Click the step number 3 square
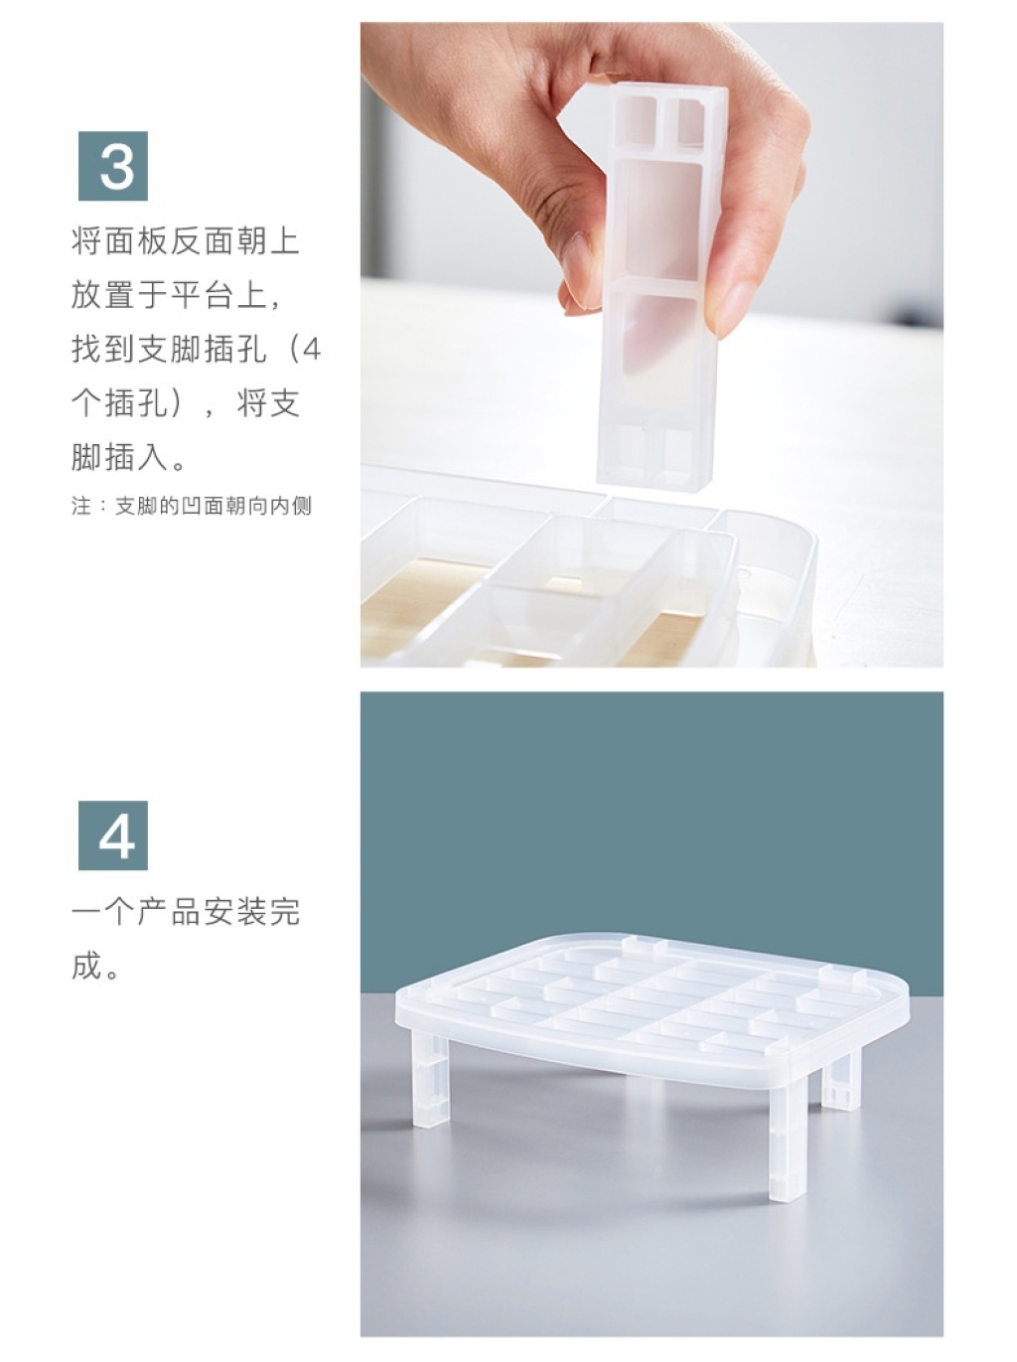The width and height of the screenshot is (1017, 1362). tap(113, 166)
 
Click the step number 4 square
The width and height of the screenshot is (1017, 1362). tap(113, 835)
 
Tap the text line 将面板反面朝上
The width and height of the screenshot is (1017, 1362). tap(186, 241)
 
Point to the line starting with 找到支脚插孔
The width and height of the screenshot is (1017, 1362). tap(196, 350)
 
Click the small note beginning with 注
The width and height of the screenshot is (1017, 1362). tap(191, 507)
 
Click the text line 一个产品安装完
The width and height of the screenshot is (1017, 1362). tap(186, 912)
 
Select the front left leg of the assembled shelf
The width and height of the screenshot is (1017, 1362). tap(430, 1081)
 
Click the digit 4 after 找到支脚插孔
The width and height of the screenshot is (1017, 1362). tap(312, 351)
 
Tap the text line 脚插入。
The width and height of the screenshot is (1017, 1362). tap(129, 459)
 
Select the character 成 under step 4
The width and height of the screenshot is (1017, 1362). tap(86, 967)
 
